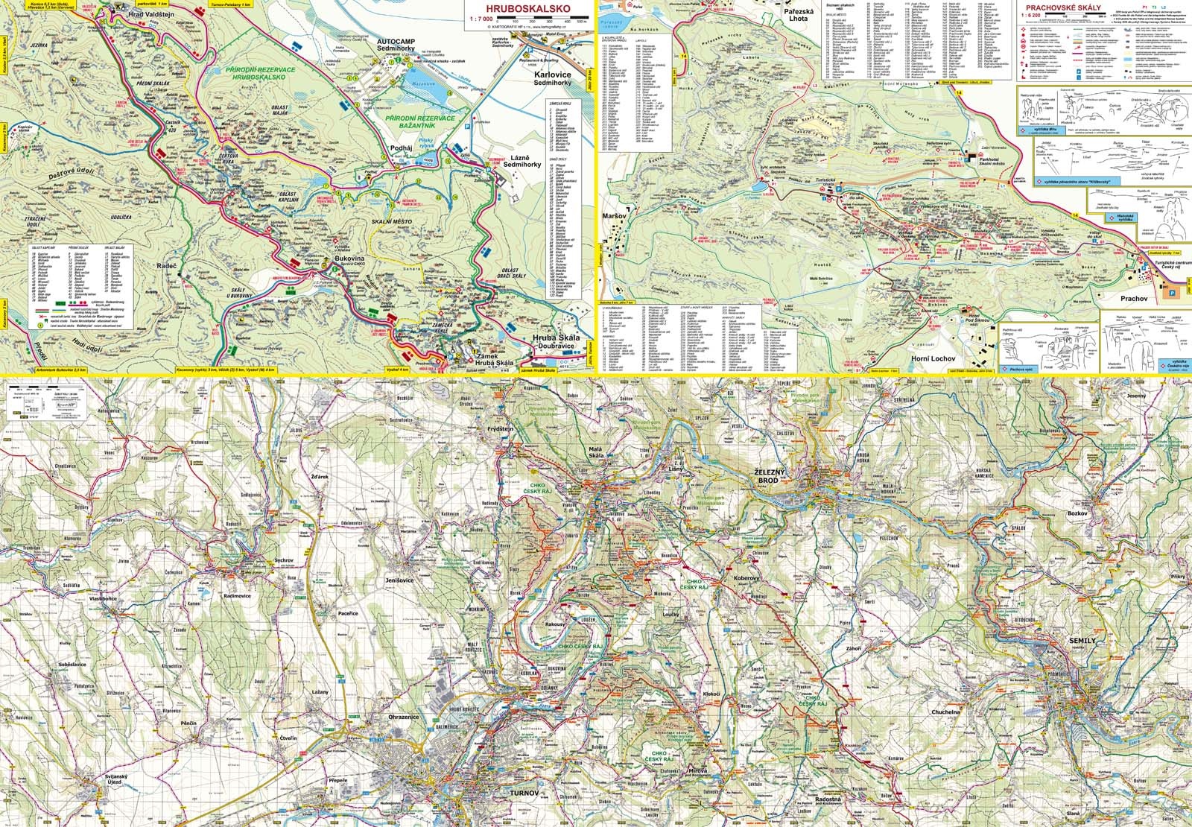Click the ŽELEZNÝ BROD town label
[x=773, y=477]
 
